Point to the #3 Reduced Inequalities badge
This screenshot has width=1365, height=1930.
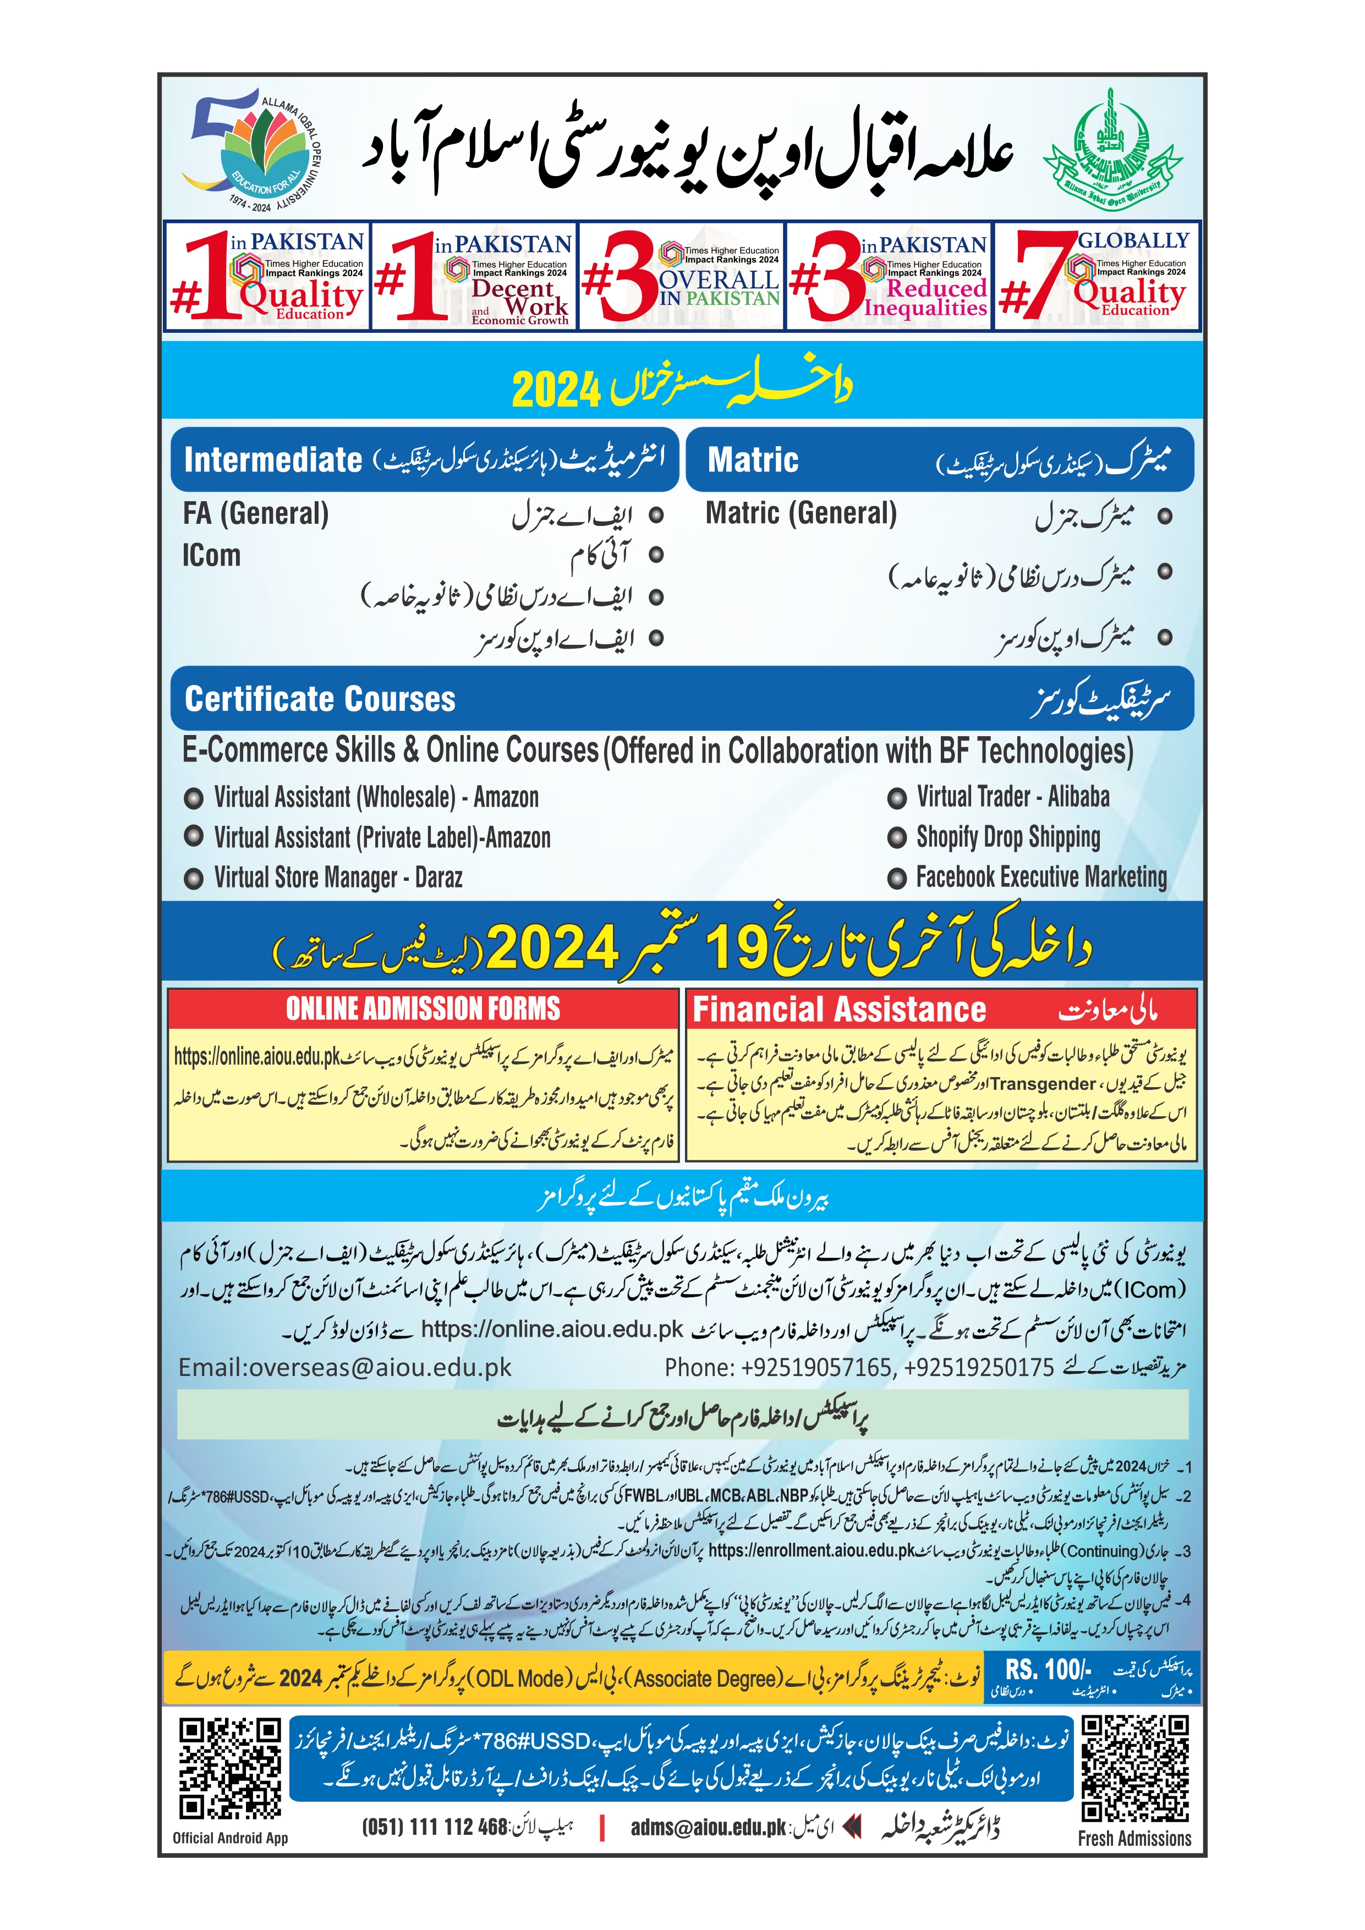(889, 276)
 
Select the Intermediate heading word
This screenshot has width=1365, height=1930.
(272, 460)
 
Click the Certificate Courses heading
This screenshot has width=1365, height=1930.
(320, 699)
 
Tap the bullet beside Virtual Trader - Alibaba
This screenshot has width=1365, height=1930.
(897, 798)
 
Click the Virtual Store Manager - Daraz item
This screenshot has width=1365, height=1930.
(338, 878)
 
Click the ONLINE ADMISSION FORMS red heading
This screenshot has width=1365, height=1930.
(422, 1008)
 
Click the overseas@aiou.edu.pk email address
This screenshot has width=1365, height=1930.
(344, 1368)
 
